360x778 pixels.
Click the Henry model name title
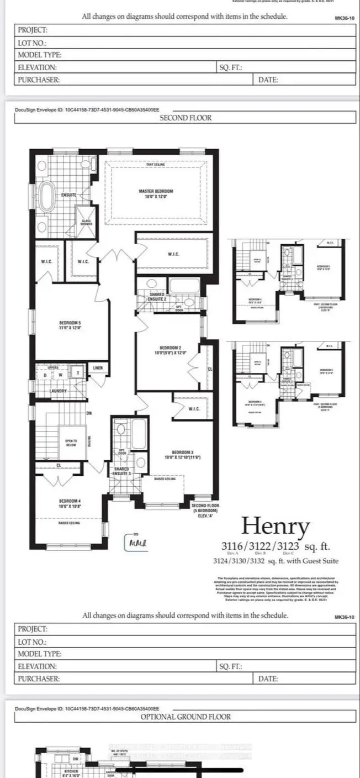[276, 526]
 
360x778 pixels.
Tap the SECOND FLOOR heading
[185, 118]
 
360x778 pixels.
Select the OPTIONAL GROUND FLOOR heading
[185, 717]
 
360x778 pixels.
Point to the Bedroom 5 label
[70, 325]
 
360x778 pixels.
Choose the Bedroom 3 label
[182, 454]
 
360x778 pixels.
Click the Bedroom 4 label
[70, 503]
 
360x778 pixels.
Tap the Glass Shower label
[86, 222]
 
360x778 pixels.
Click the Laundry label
[59, 391]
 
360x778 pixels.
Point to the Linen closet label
[98, 368]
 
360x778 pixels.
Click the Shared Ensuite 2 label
[157, 297]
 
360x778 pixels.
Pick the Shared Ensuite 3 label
[121, 471]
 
